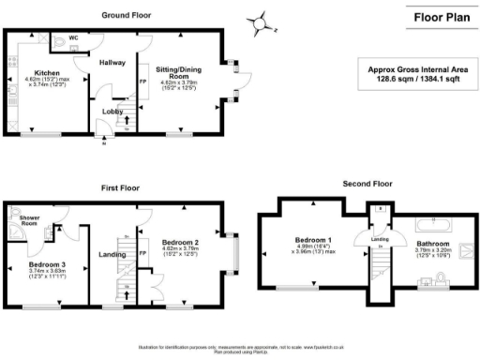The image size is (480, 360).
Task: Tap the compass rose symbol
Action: [262, 22]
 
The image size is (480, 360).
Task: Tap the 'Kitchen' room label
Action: [47, 72]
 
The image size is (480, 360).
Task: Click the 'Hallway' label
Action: [112, 63]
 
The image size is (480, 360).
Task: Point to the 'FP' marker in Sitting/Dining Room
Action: [143, 81]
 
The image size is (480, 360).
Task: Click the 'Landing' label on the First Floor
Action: [112, 251]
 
